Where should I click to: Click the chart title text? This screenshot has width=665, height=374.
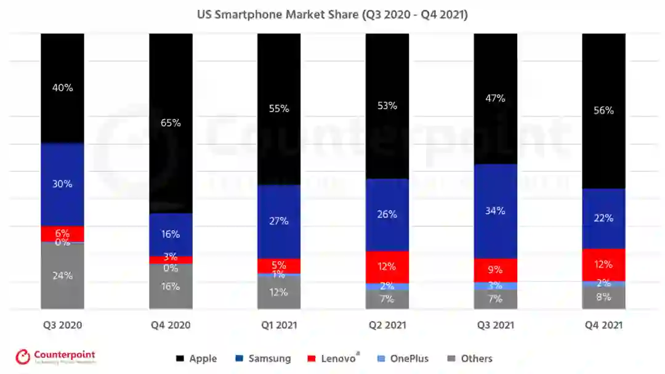332,14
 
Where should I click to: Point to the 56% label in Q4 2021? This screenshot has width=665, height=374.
603,111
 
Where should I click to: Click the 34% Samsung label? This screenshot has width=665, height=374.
495,211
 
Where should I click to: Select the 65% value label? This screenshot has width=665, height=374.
171,123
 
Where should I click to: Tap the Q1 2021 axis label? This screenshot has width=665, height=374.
278,325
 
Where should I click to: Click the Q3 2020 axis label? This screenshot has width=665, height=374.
62,325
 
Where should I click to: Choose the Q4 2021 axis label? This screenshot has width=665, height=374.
603,325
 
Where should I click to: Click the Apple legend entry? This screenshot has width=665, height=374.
196,359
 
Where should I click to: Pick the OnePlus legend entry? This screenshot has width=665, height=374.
403,359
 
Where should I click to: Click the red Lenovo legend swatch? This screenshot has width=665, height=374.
310,359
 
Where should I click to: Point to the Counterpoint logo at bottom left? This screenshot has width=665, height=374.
55,357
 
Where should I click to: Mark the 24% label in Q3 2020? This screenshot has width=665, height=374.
62,275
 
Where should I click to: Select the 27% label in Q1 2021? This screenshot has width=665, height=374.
278,221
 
